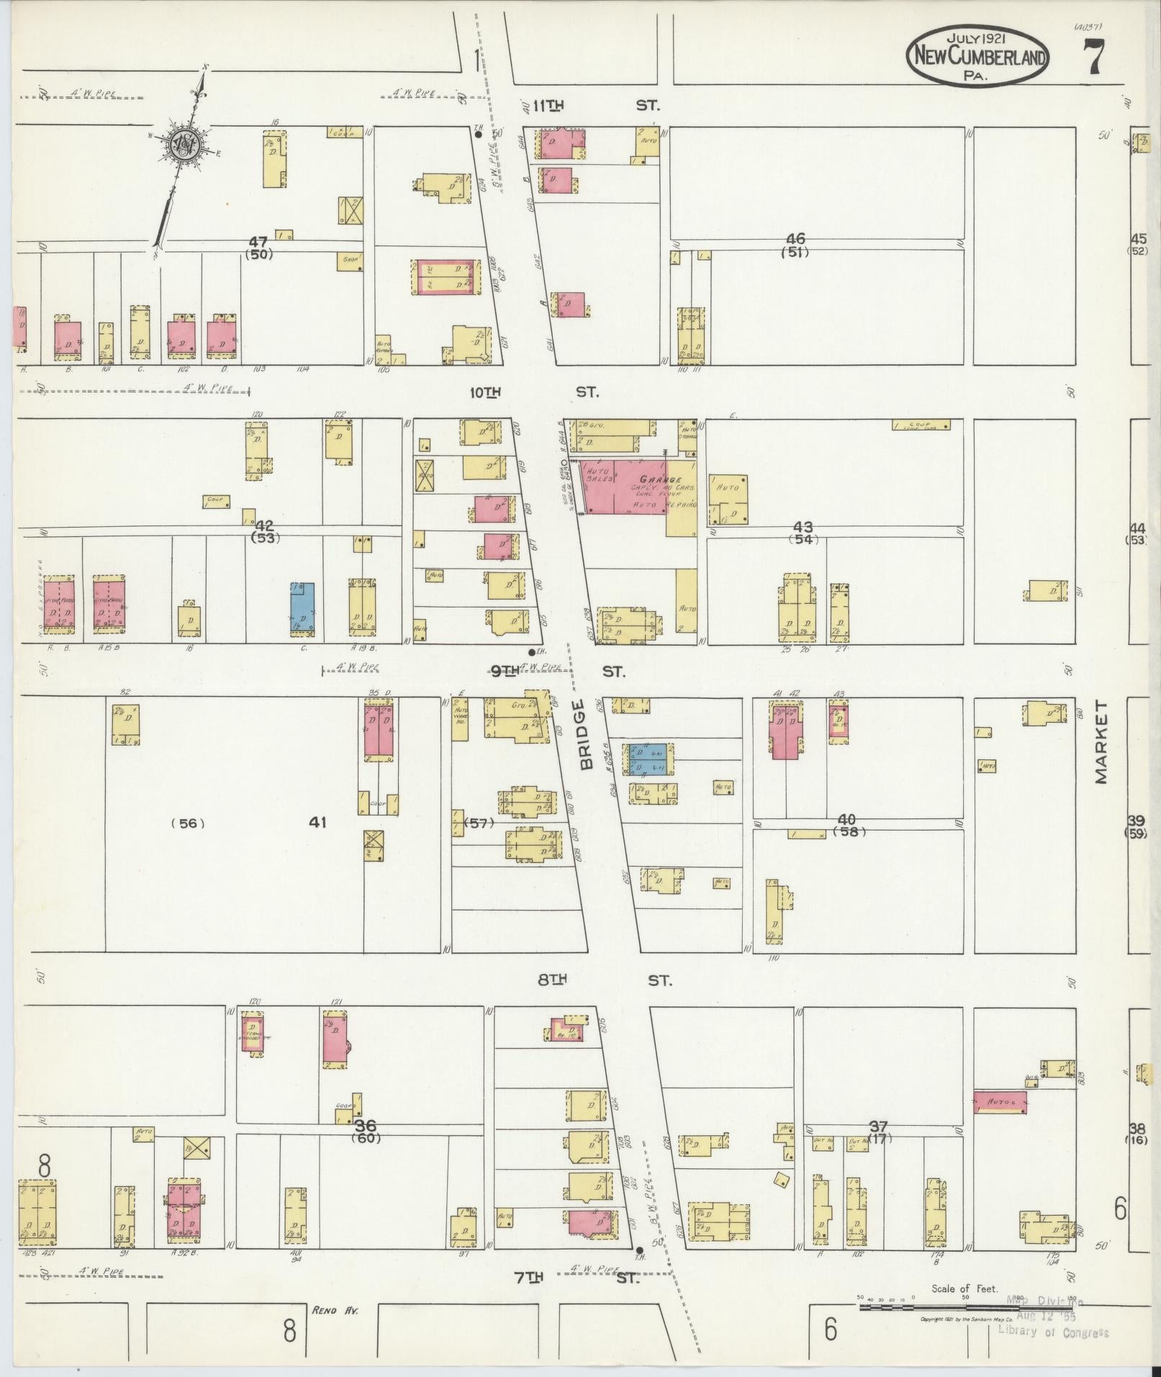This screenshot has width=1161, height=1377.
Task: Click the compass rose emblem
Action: tap(184, 147)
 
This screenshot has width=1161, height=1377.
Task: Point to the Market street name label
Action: tap(1101, 743)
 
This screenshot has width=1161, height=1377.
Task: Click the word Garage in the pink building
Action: tap(662, 479)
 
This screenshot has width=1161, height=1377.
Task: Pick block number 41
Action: tap(317, 822)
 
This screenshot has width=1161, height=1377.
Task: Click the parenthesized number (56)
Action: tap(188, 823)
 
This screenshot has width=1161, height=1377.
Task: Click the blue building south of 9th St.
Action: tap(649, 759)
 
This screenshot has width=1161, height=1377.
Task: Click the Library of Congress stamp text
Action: tap(1053, 1332)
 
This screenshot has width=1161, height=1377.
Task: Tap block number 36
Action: tap(366, 1126)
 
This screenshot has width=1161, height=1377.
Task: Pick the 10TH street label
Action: tap(484, 392)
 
